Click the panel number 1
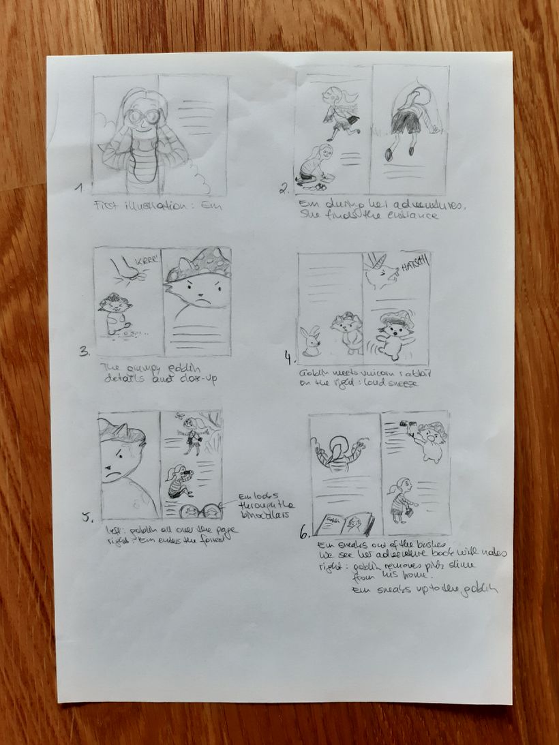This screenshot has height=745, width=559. [x=79, y=187]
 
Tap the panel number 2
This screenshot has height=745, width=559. [x=284, y=189]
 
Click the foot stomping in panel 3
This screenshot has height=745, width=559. [x=127, y=272]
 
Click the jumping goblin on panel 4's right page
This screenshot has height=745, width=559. [x=393, y=334]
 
